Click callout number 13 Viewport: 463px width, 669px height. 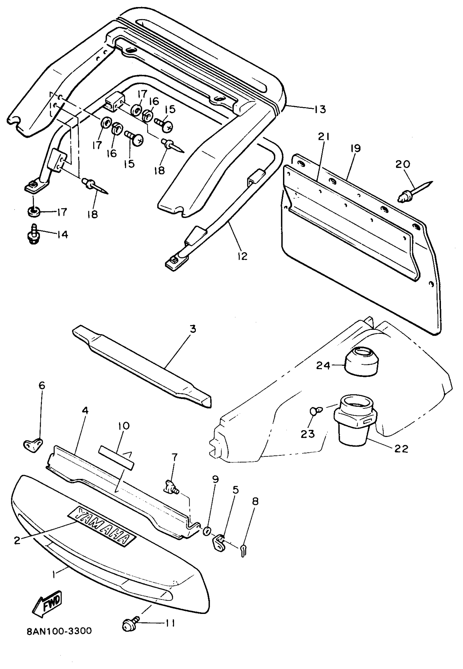320,110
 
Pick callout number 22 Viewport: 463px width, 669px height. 401,449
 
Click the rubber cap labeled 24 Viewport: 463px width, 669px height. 361,362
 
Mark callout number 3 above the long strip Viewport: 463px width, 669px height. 193,329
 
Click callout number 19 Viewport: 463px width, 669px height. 355,148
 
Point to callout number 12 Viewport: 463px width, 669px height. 242,256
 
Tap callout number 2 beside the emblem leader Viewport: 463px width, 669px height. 17,540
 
